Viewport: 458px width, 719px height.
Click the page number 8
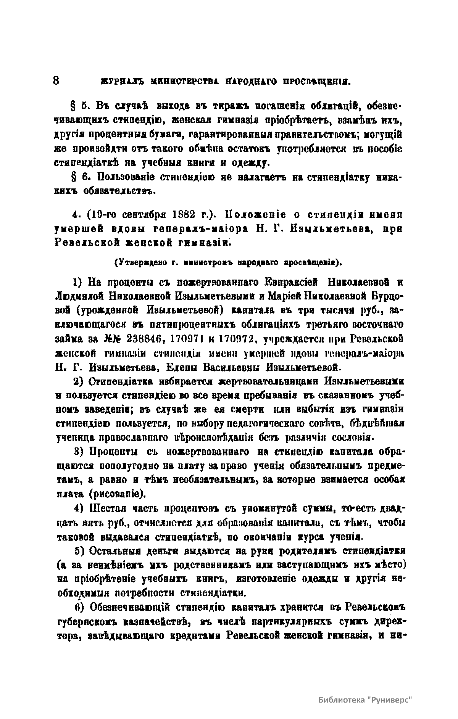point(56,81)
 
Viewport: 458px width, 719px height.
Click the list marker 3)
point(79,452)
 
